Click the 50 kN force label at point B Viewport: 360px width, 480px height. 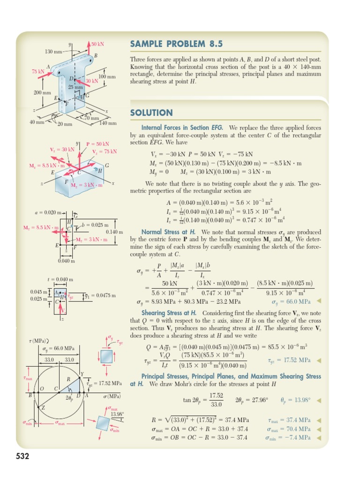pyautogui.click(x=97, y=44)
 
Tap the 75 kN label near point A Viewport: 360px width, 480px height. pyautogui.click(x=37, y=71)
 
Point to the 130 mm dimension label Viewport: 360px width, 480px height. pyautogui.click(x=53, y=51)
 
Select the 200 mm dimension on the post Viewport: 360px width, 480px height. pyautogui.click(x=42, y=92)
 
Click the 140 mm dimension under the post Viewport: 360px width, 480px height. pyautogui.click(x=108, y=123)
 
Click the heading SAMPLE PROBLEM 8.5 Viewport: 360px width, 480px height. pyautogui.click(x=176, y=44)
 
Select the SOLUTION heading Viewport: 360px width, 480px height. pyautogui.click(x=151, y=112)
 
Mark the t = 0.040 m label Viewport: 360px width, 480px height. pyautogui.click(x=60, y=280)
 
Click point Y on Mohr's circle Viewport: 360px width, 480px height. pyautogui.click(x=82, y=374)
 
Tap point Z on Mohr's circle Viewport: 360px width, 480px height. pyautogui.click(x=43, y=407)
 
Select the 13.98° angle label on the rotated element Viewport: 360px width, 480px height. pyautogui.click(x=117, y=414)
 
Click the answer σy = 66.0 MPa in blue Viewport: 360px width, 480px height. pyautogui.click(x=291, y=301)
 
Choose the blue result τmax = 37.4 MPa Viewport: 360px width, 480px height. pyautogui.click(x=289, y=420)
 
